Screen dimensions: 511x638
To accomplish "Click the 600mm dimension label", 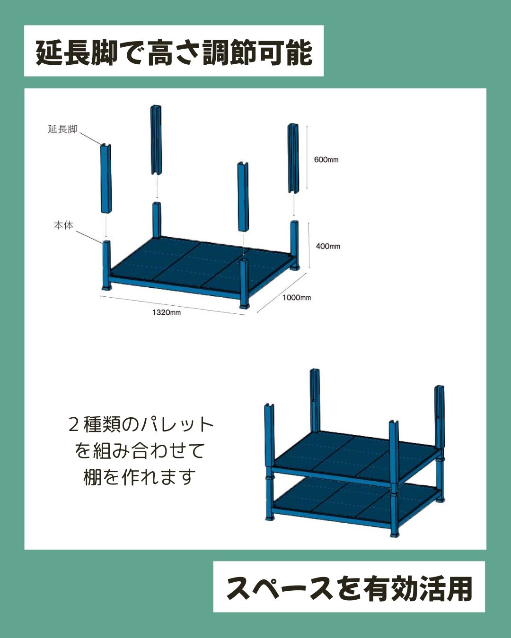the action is (x=326, y=160).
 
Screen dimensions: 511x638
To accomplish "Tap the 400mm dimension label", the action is (x=328, y=246).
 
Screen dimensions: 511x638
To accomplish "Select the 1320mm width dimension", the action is (x=166, y=312).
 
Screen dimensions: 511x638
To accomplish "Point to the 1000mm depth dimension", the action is (x=296, y=297).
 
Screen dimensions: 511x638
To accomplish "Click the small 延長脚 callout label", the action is (x=62, y=129).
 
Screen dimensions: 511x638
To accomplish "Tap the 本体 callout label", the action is (x=63, y=225).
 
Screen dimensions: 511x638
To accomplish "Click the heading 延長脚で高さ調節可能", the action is (x=174, y=53).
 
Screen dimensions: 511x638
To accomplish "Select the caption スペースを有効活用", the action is (x=349, y=589).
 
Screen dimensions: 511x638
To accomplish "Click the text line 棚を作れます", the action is (x=140, y=477).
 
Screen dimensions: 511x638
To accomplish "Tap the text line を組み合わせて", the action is (x=140, y=451).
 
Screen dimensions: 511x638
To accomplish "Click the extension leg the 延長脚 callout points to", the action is (x=106, y=179).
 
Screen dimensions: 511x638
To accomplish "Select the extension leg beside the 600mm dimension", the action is (x=293, y=158).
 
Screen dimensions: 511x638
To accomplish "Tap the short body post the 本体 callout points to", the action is (x=106, y=266).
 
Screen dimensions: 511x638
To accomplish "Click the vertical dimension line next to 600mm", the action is (x=307, y=157).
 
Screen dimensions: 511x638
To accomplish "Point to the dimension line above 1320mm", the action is (x=172, y=305).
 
